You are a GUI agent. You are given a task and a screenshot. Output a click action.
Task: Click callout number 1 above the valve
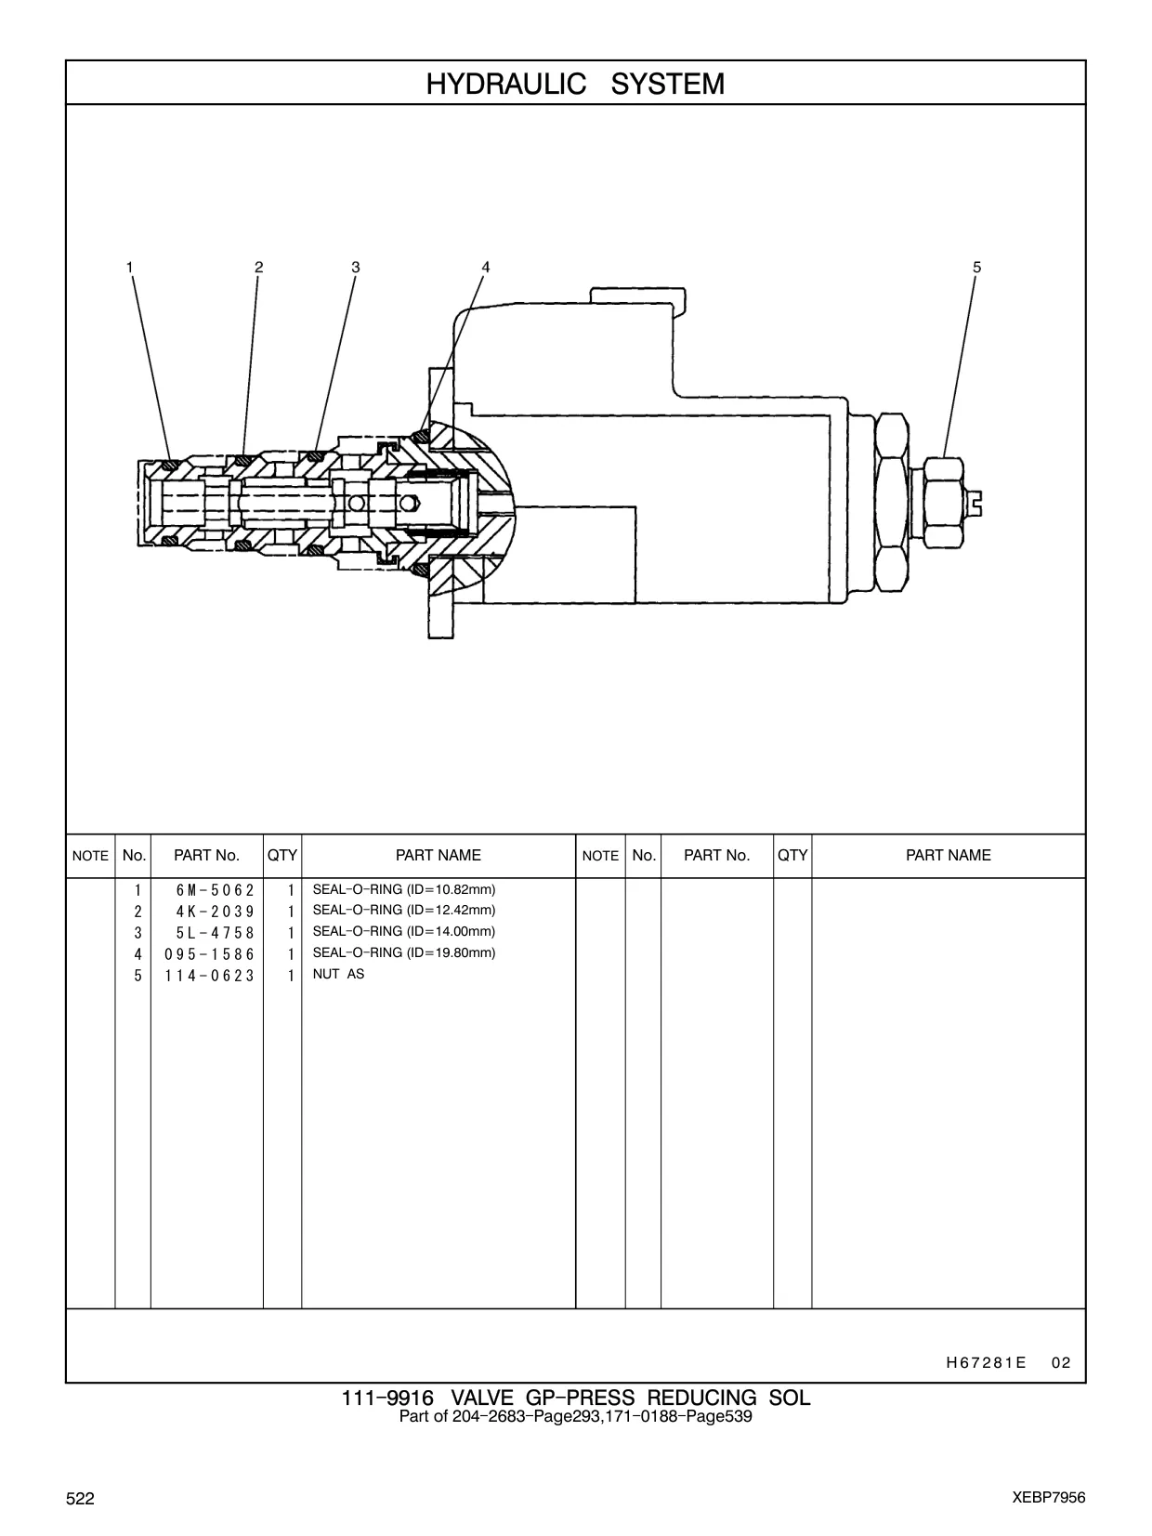(129, 268)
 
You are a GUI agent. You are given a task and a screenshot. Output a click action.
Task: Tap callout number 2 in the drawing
(259, 268)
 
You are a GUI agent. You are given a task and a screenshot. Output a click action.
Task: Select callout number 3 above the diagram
(355, 268)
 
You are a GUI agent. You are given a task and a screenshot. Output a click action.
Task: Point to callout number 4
(486, 268)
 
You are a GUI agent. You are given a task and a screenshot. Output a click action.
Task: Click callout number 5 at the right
(976, 268)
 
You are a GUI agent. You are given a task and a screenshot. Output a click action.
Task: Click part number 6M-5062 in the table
(215, 890)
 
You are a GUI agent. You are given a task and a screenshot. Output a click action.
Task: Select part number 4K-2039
(215, 912)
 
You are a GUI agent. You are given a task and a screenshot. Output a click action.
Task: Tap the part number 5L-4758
(215, 933)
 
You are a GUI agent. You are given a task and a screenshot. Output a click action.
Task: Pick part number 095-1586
(209, 954)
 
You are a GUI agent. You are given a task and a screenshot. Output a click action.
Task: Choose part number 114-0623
(209, 976)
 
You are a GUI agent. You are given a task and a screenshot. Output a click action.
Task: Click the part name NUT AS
(338, 974)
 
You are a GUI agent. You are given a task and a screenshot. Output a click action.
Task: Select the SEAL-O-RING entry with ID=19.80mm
(403, 952)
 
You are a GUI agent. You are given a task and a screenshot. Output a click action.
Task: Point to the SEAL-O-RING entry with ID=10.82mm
(403, 889)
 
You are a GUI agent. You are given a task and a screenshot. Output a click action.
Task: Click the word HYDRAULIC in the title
(505, 84)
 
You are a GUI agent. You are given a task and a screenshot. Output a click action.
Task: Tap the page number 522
(80, 1498)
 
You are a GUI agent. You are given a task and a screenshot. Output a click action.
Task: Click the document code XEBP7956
(1049, 1498)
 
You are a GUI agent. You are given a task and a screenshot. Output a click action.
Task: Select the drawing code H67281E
(986, 1362)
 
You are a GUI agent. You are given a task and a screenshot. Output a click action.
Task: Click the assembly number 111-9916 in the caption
(387, 1398)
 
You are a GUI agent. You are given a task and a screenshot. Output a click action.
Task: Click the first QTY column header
(281, 855)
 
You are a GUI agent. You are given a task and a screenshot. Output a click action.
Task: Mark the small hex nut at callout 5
(943, 503)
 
